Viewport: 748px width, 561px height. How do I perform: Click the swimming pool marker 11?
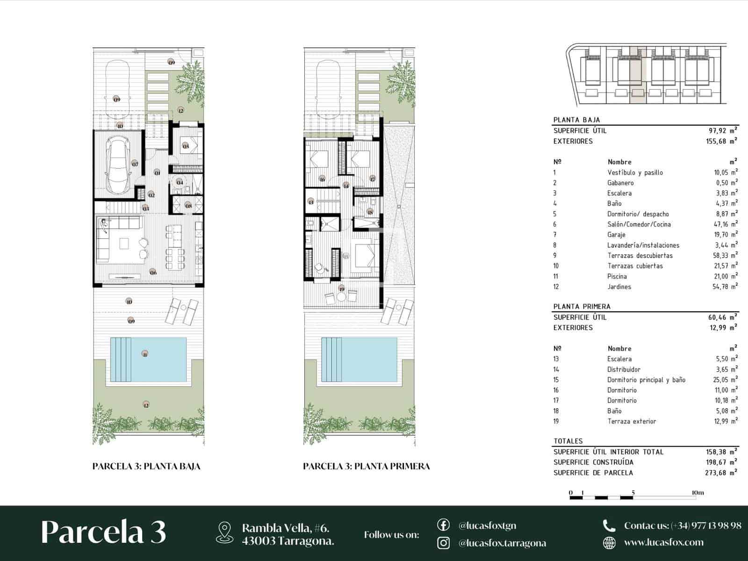click(x=145, y=354)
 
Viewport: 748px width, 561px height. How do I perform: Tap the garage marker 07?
click(x=135, y=164)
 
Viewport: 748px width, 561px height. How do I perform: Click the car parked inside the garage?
click(x=118, y=165)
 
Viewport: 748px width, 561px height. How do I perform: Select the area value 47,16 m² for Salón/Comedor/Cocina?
click(x=725, y=224)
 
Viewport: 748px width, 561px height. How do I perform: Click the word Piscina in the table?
click(x=617, y=276)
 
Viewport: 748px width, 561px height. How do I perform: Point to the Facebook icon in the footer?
click(x=443, y=525)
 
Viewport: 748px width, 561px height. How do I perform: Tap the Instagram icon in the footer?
click(x=443, y=543)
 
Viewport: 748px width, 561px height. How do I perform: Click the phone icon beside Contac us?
click(x=609, y=526)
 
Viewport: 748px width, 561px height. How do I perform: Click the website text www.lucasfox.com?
click(x=663, y=543)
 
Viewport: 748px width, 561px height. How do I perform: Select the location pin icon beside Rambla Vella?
click(x=225, y=533)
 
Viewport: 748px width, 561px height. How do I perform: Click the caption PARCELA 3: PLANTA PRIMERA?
click(x=366, y=466)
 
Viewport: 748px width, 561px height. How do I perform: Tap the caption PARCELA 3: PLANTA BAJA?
click(x=146, y=466)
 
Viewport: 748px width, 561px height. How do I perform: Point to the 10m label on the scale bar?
click(x=697, y=493)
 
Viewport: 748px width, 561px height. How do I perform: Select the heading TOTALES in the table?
click(x=568, y=441)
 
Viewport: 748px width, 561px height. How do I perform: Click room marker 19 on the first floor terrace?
click(x=342, y=289)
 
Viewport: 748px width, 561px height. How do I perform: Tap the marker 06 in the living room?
click(x=153, y=272)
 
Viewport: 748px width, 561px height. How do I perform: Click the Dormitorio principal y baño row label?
click(x=646, y=380)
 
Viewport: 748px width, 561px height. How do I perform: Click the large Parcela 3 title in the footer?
click(x=103, y=532)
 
